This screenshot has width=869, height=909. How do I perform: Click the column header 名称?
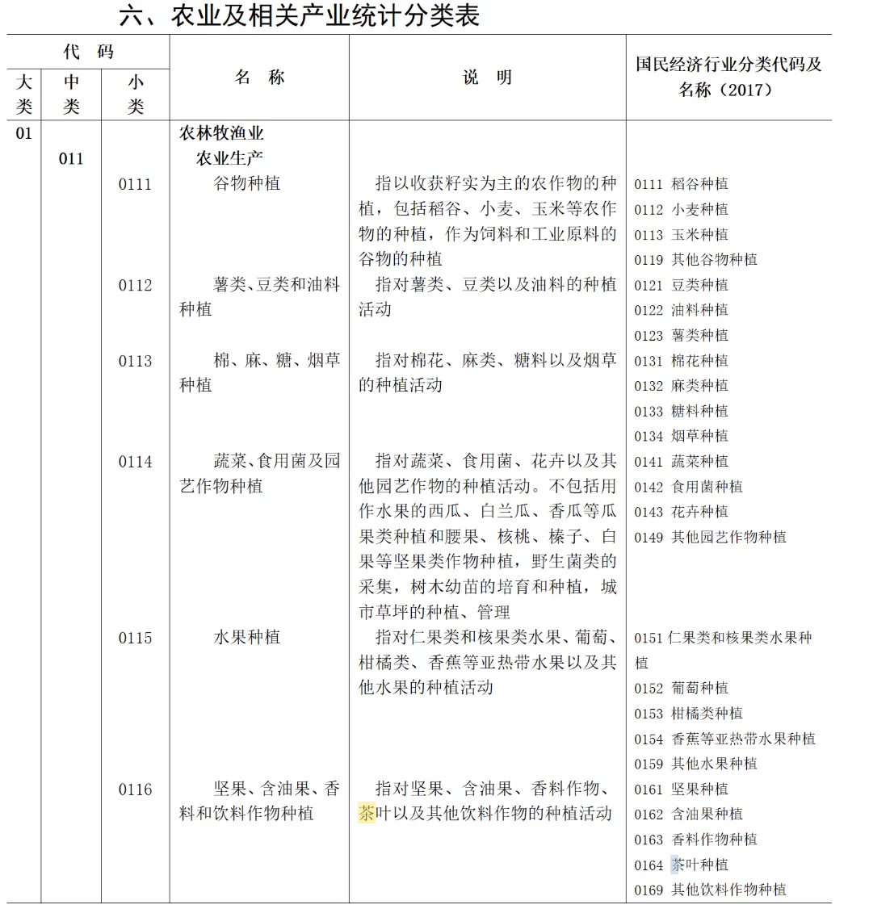[x=259, y=77]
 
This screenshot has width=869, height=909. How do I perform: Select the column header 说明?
[x=487, y=77]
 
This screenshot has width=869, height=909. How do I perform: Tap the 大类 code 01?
[x=24, y=133]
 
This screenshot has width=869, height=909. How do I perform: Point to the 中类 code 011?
[x=71, y=158]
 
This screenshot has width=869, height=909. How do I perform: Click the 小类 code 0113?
[x=135, y=361]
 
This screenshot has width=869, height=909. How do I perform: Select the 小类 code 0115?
[x=135, y=638]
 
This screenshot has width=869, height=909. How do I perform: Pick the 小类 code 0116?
[x=135, y=790]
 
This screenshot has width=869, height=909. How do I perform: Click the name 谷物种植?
[x=246, y=184]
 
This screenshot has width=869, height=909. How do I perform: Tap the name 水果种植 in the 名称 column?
[x=246, y=638]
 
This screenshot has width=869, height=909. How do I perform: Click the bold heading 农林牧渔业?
[x=221, y=133]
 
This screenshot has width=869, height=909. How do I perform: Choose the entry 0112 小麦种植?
[x=681, y=209]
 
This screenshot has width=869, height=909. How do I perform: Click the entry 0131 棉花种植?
[x=681, y=361]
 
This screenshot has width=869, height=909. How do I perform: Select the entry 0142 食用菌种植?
[x=688, y=487]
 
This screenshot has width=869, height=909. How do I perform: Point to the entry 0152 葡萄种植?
[x=681, y=688]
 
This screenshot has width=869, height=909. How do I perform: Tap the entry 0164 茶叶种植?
[x=681, y=865]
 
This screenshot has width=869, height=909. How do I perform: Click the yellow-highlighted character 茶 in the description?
[x=367, y=813]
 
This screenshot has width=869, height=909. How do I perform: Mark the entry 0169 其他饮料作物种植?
[x=709, y=890]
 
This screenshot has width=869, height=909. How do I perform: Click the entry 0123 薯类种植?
[x=681, y=335]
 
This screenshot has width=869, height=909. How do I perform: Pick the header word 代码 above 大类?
[x=88, y=52]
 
